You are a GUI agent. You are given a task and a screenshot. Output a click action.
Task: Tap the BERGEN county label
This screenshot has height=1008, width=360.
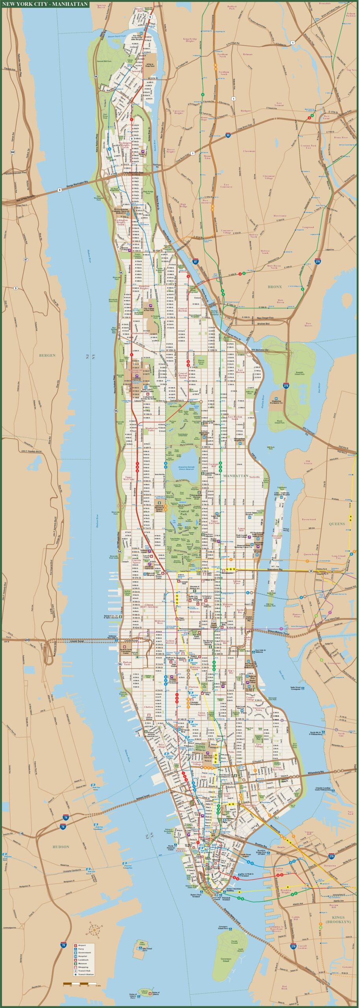click(47, 355)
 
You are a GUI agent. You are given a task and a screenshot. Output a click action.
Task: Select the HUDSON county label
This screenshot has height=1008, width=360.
click(61, 847)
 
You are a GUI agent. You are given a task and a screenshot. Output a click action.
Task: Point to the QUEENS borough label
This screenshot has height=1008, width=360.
click(337, 524)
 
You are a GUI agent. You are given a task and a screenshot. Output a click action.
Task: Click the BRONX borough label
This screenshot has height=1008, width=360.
click(275, 287)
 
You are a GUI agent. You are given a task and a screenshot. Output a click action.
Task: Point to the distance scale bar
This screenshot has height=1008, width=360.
click(80, 981)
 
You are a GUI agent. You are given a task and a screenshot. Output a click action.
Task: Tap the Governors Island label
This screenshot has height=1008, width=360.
click(226, 957)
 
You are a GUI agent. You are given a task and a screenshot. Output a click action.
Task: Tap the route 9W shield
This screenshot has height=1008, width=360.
click(12, 152)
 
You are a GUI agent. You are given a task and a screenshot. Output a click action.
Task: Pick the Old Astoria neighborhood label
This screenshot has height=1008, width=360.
click(308, 462)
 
